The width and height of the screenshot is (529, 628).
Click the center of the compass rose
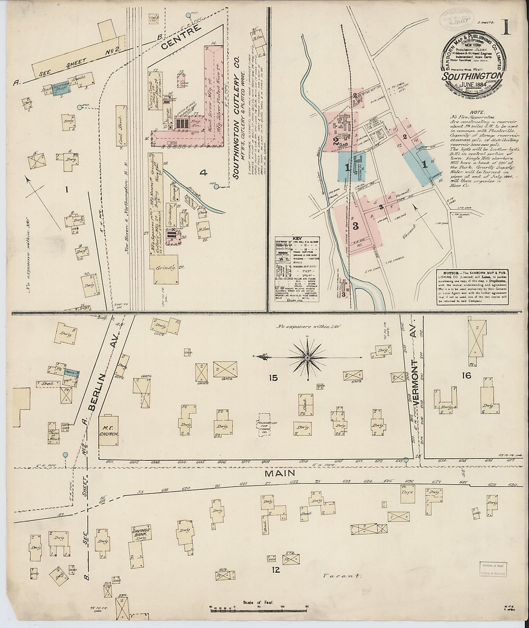(307, 358)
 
